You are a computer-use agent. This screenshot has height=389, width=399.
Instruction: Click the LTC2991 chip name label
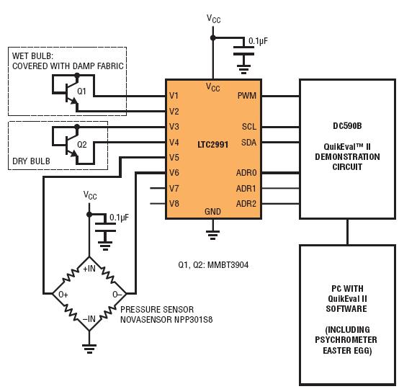pyautogui.click(x=212, y=145)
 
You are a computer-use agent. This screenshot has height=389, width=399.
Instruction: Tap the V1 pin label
pyautogui.click(x=174, y=96)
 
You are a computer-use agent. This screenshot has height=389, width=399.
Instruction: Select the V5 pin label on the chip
pyautogui.click(x=174, y=157)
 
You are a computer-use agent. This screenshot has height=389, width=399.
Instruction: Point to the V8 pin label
pyautogui.click(x=174, y=203)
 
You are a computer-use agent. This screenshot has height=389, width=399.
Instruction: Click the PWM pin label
pyautogui.click(x=247, y=96)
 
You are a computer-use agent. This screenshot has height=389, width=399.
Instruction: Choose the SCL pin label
pyautogui.click(x=249, y=127)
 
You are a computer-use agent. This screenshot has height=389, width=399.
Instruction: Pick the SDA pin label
pyautogui.click(x=249, y=143)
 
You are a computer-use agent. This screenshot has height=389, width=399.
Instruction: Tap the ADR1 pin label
pyautogui.click(x=246, y=189)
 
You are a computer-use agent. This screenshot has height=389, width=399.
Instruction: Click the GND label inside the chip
pyautogui.click(x=212, y=211)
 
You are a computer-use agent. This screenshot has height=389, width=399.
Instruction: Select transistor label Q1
pyautogui.click(x=81, y=91)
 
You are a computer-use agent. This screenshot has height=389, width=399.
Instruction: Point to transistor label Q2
pyautogui.click(x=82, y=145)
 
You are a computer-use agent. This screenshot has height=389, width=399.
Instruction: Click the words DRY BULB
pyautogui.click(x=31, y=161)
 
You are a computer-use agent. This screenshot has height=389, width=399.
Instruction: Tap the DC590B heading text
pyautogui.click(x=347, y=126)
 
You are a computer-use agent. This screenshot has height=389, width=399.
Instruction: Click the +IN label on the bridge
pyautogui.click(x=89, y=269)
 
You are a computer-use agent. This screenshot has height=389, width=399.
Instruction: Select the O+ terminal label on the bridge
pyautogui.click(x=63, y=295)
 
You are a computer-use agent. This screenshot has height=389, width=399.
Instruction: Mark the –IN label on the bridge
pyautogui.click(x=89, y=318)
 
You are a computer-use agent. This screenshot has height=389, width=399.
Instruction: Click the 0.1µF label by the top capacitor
pyautogui.click(x=258, y=41)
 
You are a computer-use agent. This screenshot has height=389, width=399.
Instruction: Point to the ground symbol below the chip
pyautogui.click(x=212, y=235)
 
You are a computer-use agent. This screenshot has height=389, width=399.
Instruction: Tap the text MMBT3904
pyautogui.click(x=228, y=265)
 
